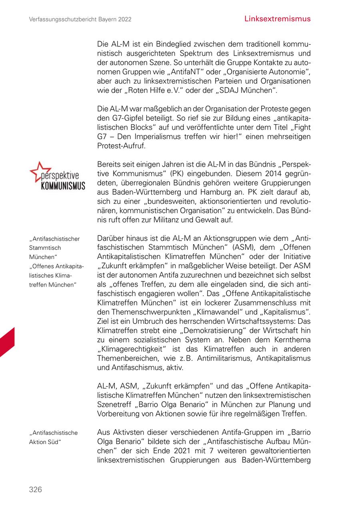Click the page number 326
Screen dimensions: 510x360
[35, 489]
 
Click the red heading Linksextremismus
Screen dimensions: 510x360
[277, 19]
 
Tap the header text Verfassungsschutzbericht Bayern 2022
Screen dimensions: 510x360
[80, 19]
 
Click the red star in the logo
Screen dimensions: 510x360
[39, 170]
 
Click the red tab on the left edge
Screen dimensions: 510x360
[7, 342]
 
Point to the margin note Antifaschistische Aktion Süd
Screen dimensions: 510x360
[53, 437]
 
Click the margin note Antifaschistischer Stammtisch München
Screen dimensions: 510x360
[54, 248]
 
